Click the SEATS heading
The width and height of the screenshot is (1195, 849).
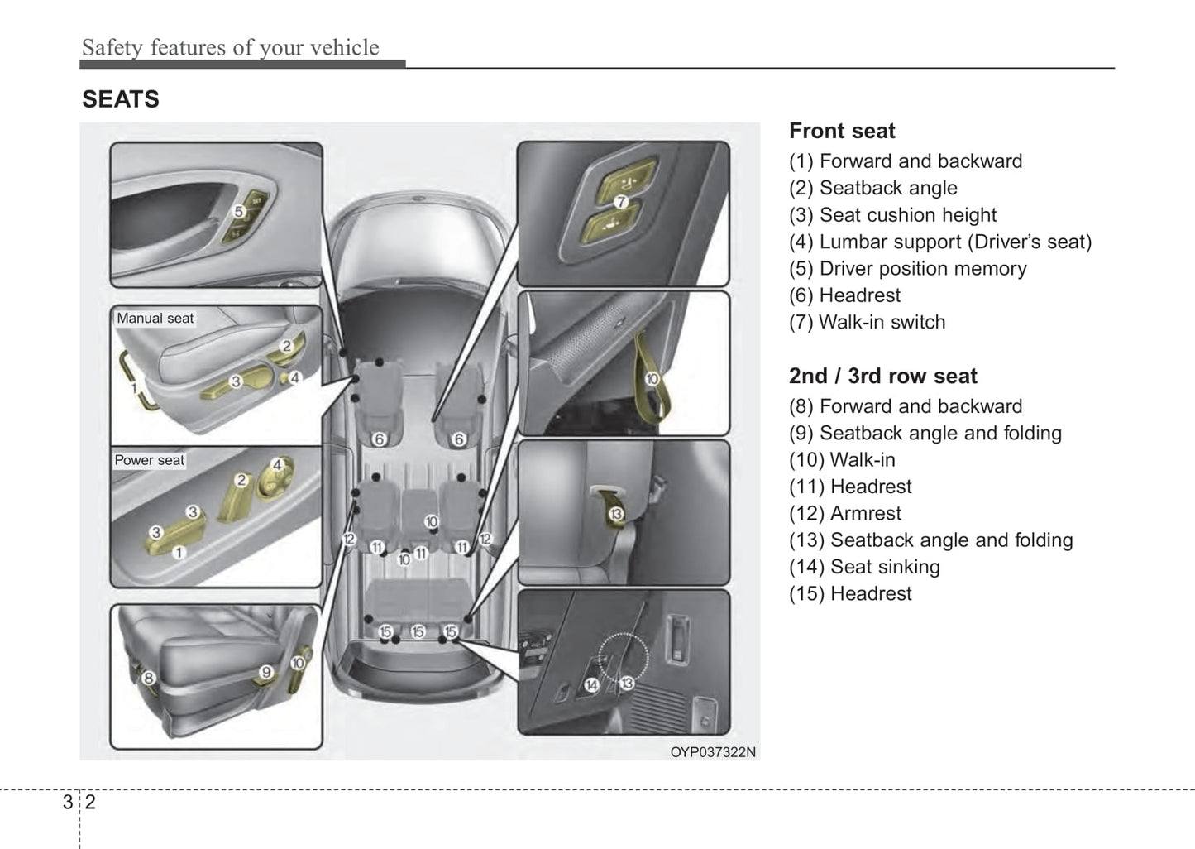click(x=121, y=99)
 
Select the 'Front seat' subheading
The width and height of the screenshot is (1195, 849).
click(x=842, y=131)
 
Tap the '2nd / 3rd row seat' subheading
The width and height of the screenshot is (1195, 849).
click(x=882, y=376)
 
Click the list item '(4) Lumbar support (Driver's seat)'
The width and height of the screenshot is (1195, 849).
click(x=940, y=242)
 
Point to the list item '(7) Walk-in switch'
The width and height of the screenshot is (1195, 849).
click(x=867, y=322)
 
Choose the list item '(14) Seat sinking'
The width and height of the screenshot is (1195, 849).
click(x=864, y=567)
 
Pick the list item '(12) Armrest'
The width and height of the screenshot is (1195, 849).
click(x=844, y=513)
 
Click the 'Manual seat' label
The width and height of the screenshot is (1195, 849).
click(x=155, y=318)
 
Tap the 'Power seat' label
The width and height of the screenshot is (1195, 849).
click(x=150, y=460)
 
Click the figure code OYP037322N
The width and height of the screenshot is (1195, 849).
click(x=712, y=751)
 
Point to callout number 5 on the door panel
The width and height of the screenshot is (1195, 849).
click(x=238, y=212)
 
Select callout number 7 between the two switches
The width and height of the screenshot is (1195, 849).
click(x=621, y=201)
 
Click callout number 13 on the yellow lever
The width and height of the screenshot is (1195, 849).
click(x=615, y=515)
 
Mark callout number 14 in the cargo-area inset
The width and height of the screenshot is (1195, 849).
click(x=591, y=684)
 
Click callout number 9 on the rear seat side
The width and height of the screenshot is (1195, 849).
click(x=266, y=672)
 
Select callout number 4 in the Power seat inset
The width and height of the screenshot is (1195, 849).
click(x=278, y=465)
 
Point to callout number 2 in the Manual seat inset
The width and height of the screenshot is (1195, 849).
click(x=287, y=347)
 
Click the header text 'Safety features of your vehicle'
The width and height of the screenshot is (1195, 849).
click(x=230, y=47)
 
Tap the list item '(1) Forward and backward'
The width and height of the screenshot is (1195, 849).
click(x=906, y=161)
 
